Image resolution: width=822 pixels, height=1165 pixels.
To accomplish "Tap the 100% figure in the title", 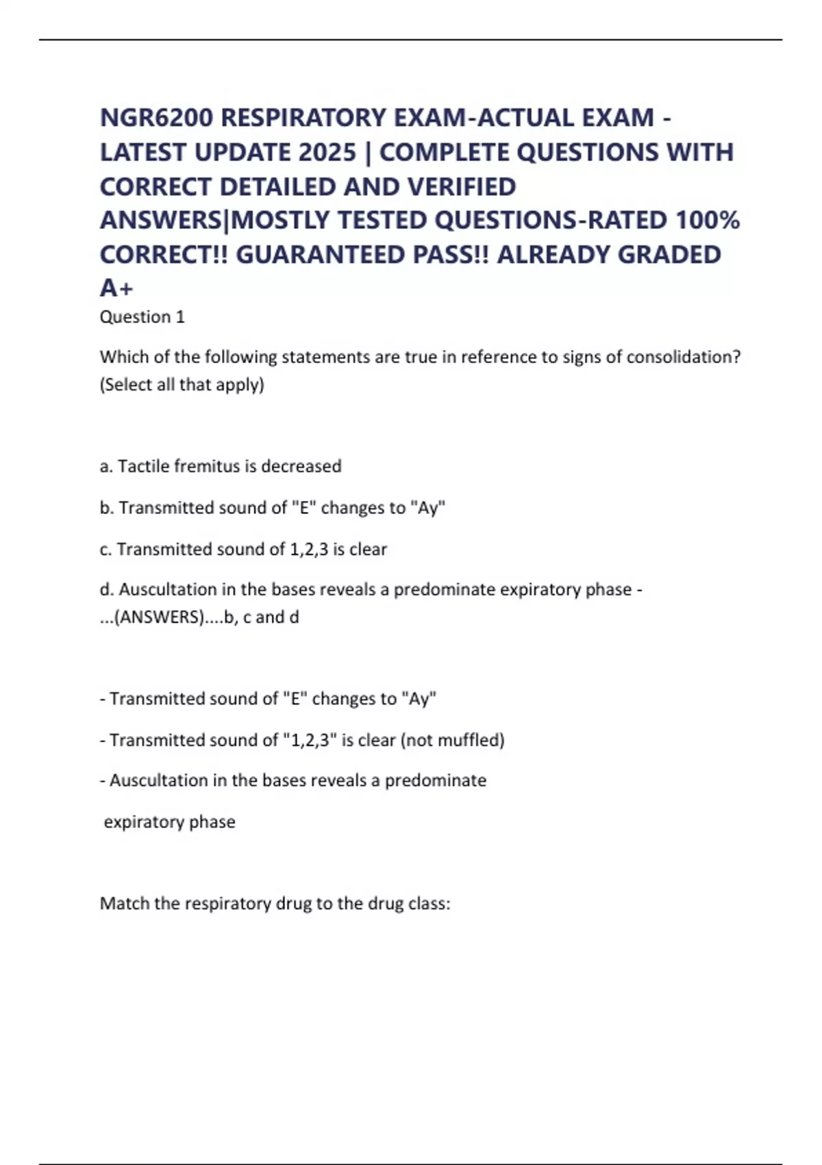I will (708, 221).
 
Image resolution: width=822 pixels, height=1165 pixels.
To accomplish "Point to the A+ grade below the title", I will (116, 289).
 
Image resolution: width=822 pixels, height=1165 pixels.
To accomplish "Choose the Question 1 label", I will (142, 317).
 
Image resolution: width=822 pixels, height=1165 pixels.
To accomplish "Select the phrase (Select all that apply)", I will (182, 384).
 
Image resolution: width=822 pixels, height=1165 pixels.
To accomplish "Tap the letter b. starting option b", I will (106, 508).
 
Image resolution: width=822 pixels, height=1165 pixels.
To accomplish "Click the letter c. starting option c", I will (105, 549).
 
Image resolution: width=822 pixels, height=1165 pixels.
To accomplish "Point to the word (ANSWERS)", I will (159, 617).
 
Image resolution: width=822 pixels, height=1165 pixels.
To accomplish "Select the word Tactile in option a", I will (142, 466).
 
